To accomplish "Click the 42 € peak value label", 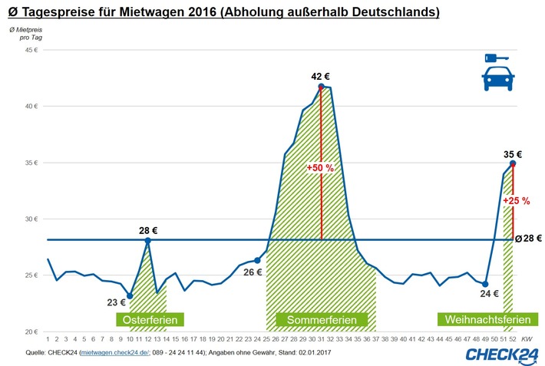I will click(321, 76).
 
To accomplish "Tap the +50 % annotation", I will click(319, 168).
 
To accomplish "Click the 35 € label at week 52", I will click(512, 153).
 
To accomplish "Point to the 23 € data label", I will click(116, 302).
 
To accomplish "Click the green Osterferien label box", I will click(150, 318).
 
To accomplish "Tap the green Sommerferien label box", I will click(321, 318).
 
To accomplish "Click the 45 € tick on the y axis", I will click(31, 50).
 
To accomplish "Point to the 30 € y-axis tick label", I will click(31, 219).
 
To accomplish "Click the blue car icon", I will click(498, 80).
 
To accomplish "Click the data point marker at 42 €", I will click(321, 86).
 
